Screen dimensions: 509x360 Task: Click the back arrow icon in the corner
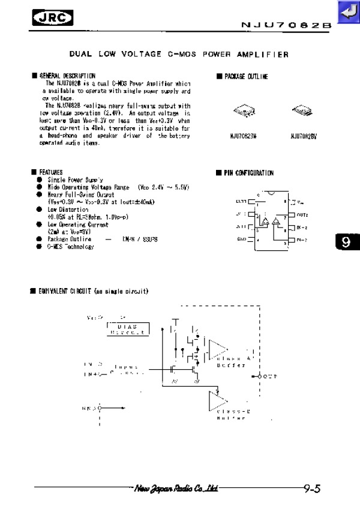click(347, 13)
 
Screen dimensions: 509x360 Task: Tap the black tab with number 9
click(344, 242)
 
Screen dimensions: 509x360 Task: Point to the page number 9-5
click(311, 489)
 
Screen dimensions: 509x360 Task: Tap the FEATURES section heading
click(51, 172)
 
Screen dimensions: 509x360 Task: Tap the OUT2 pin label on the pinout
click(302, 214)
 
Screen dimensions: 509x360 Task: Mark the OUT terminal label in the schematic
click(271, 376)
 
